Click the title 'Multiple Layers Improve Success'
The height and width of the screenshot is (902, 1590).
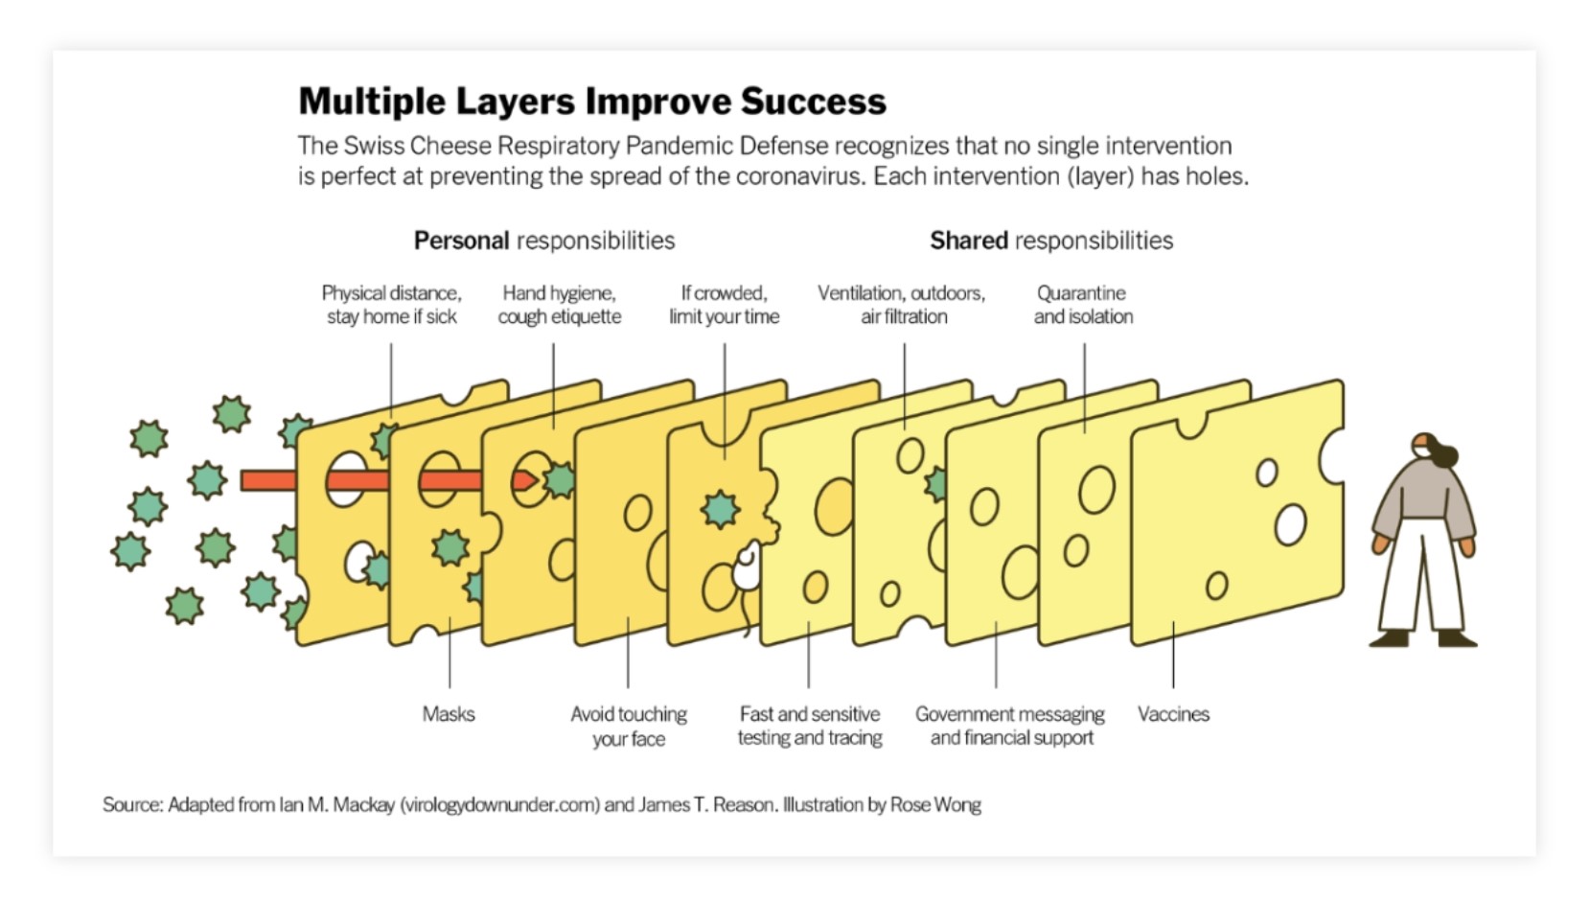coord(592,102)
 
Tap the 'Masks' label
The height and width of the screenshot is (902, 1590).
coord(449,714)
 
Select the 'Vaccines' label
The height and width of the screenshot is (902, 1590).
coord(1173,714)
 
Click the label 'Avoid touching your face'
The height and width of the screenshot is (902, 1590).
coord(629,727)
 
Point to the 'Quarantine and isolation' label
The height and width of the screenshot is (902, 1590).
coord(1083,305)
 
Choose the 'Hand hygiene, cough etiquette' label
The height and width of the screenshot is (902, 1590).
coord(559,305)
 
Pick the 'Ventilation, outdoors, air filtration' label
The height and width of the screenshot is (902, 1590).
coord(902,305)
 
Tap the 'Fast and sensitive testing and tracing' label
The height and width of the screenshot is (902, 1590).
coord(809,727)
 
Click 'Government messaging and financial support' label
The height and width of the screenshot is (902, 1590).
coord(1010,727)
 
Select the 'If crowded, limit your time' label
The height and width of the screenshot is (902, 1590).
coord(724,305)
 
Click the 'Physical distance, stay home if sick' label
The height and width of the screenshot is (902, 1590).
coord(391,305)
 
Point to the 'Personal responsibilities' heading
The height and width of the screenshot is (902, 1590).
coord(543,241)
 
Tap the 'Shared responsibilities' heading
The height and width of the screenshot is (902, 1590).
coord(1050,241)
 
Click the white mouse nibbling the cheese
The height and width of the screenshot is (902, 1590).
coord(748,568)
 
